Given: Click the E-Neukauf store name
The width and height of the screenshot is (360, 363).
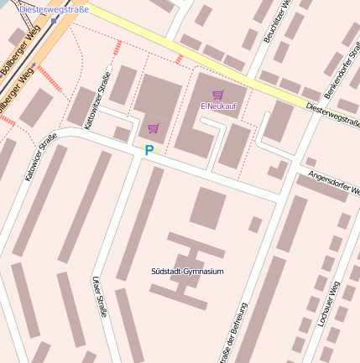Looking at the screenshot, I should coord(217,106).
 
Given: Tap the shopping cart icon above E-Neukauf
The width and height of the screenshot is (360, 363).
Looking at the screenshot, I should coord(218,94).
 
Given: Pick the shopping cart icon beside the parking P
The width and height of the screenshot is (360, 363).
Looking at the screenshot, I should coord(153,128).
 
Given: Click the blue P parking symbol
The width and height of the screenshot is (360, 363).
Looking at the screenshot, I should coord(149,151).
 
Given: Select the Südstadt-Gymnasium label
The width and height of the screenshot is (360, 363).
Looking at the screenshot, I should coord(187,272).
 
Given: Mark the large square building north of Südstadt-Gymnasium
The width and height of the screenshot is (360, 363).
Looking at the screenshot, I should coord(207,208).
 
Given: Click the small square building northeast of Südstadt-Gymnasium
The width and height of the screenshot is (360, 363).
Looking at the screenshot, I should coord(255,224).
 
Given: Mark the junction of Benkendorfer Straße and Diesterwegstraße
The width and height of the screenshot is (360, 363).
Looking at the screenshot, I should coord(319,108).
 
